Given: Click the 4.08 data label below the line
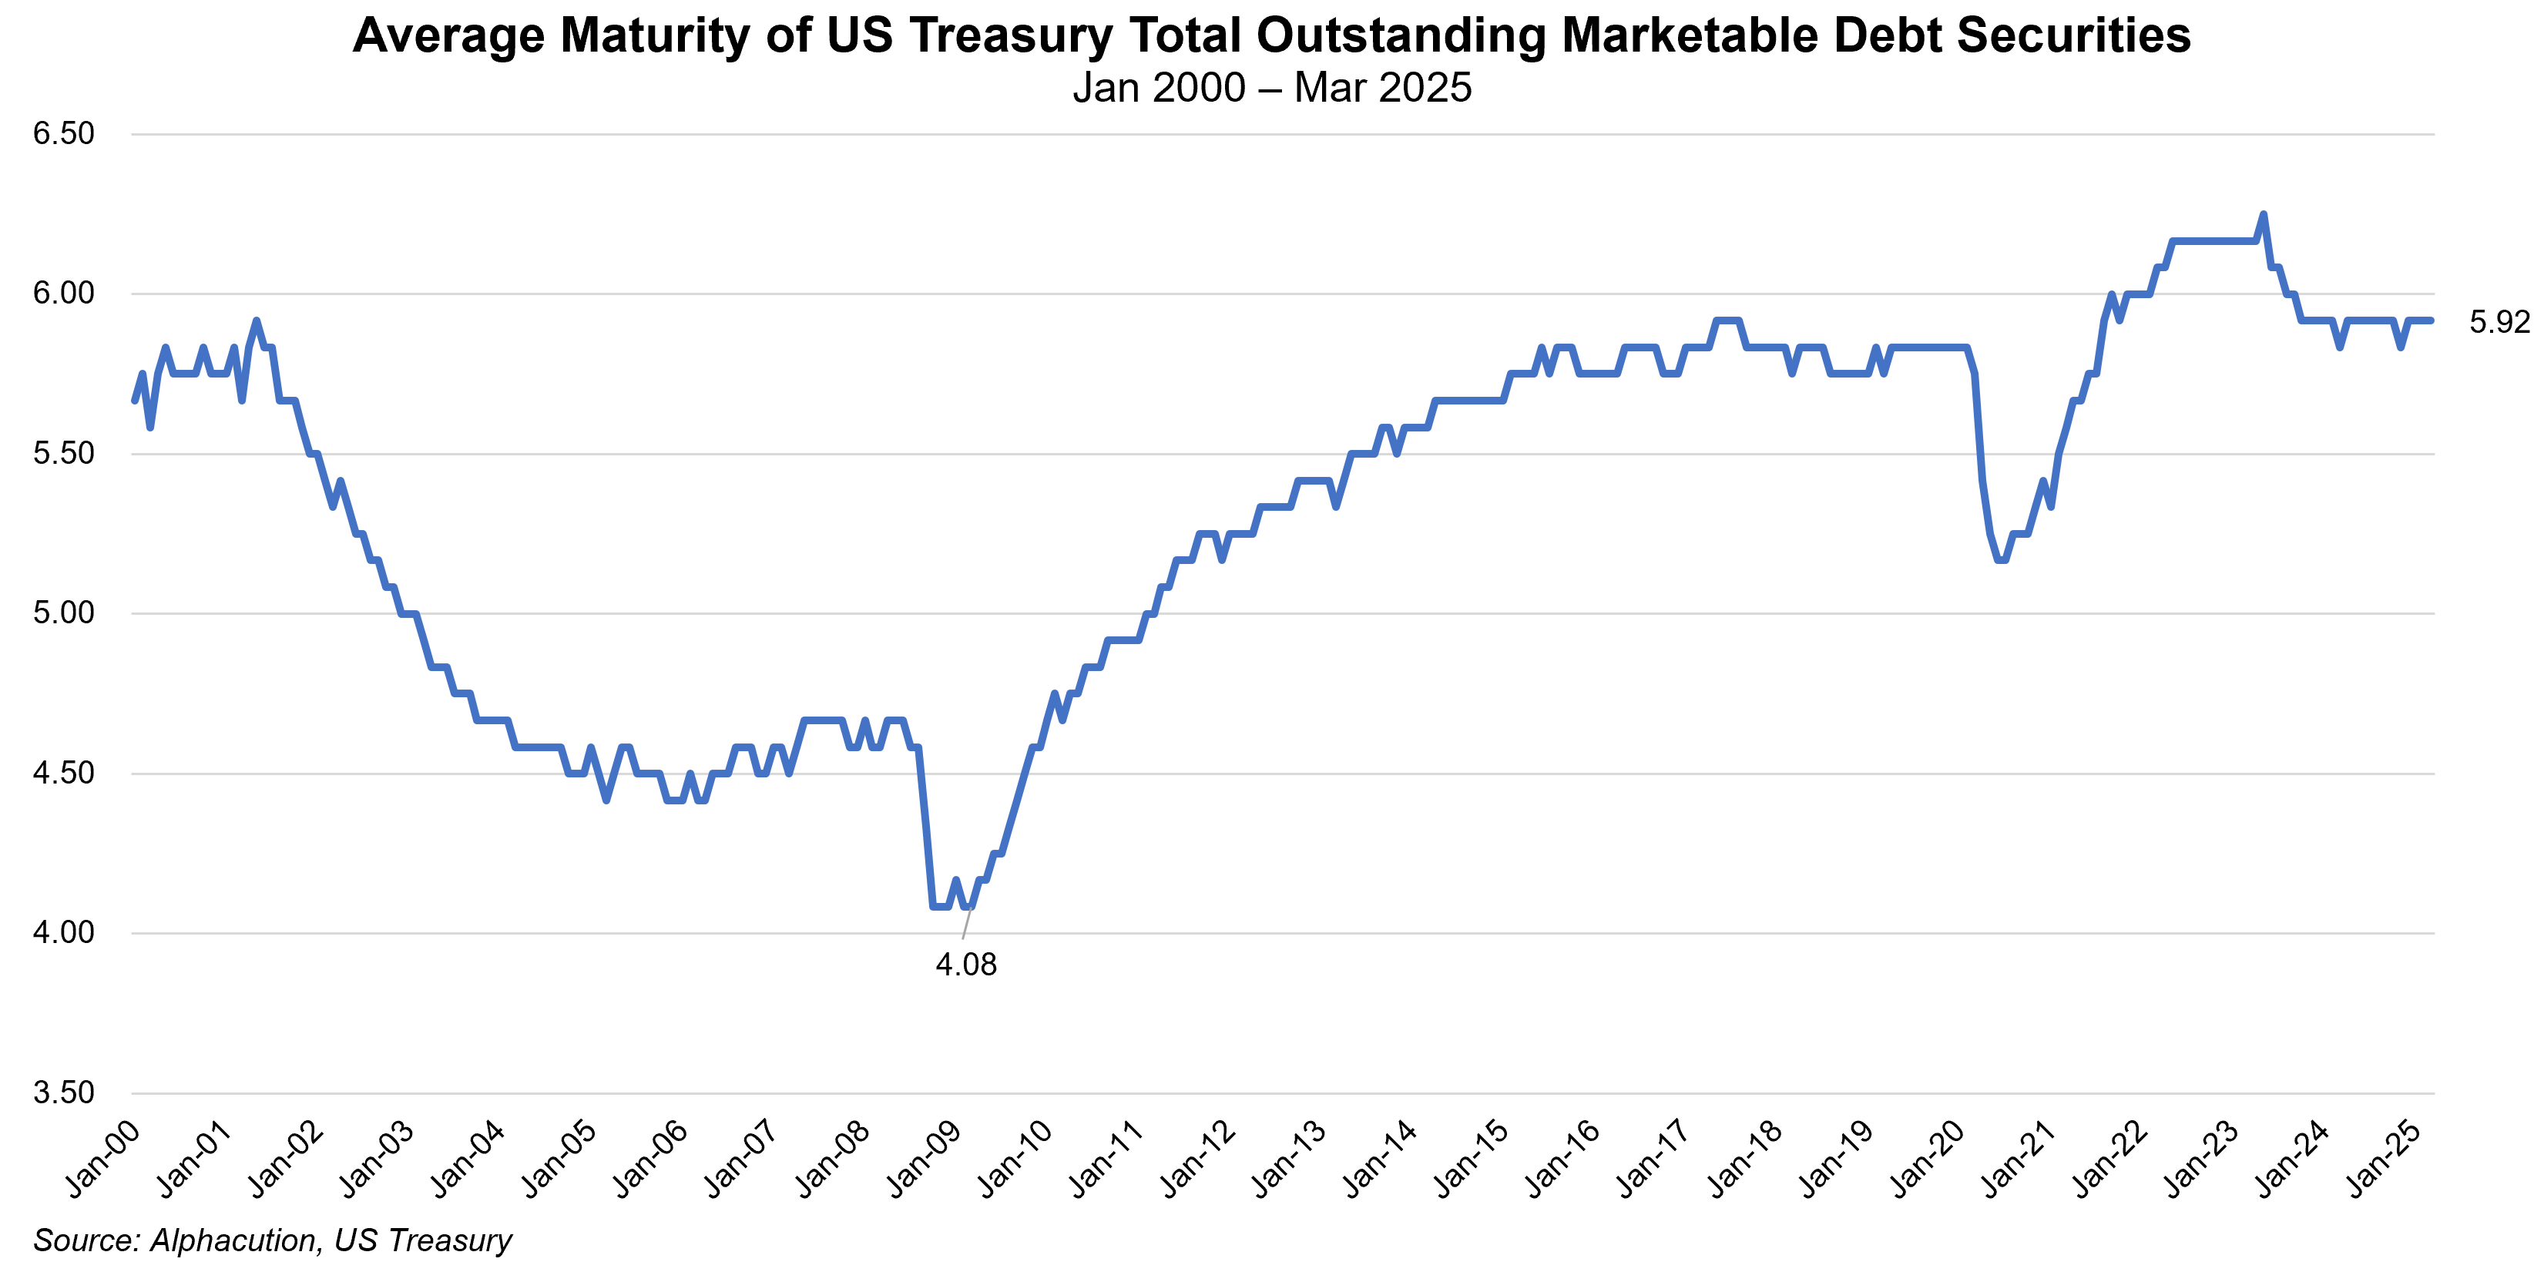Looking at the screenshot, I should tap(966, 964).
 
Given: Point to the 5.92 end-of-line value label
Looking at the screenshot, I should tap(2499, 322).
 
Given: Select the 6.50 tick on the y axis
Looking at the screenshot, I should tap(63, 133).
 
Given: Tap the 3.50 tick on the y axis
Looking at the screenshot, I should tap(63, 1092).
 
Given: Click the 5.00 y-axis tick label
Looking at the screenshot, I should tap(63, 613).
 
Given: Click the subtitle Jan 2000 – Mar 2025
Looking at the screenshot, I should tap(1272, 88).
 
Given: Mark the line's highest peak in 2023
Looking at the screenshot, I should tap(2263, 213).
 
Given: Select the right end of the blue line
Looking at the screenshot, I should tap(2431, 320).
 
